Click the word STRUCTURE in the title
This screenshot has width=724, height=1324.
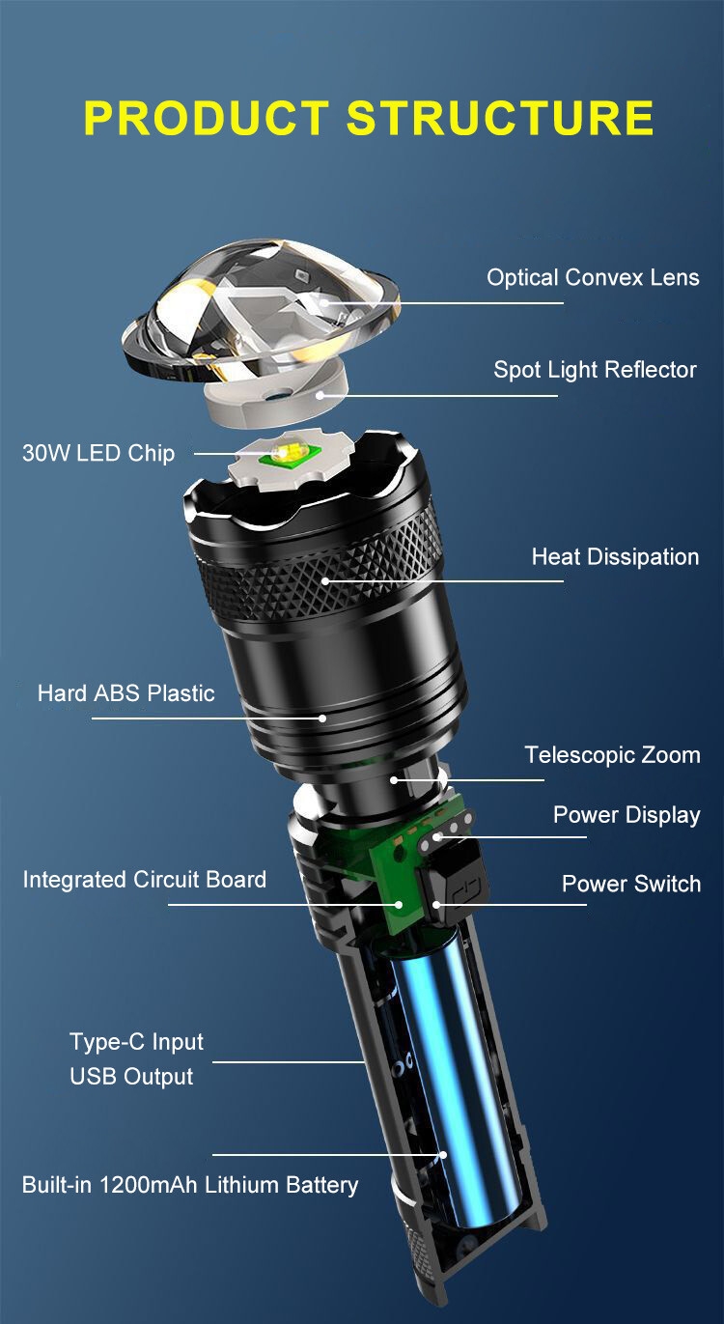pyautogui.click(x=500, y=118)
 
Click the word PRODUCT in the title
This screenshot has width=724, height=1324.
pyautogui.click(x=207, y=118)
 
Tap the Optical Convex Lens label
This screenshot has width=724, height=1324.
pyautogui.click(x=593, y=277)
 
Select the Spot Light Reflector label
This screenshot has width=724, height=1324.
pyautogui.click(x=596, y=370)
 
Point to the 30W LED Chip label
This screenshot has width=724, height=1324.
pyautogui.click(x=98, y=453)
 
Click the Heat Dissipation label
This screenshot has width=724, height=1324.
pyautogui.click(x=615, y=557)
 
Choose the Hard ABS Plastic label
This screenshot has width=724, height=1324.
pyautogui.click(x=125, y=693)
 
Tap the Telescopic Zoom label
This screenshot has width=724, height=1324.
pyautogui.click(x=612, y=755)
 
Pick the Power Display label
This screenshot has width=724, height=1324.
pyautogui.click(x=627, y=815)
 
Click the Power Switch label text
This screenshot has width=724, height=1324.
pyautogui.click(x=631, y=884)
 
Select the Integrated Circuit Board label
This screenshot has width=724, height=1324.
pyautogui.click(x=144, y=880)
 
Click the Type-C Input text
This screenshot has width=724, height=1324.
pyautogui.click(x=136, y=1042)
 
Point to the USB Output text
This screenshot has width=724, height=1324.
pyautogui.click(x=131, y=1077)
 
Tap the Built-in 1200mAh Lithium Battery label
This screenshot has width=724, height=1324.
pyautogui.click(x=190, y=1185)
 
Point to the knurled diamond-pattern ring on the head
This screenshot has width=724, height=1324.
pyautogui.click(x=322, y=571)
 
